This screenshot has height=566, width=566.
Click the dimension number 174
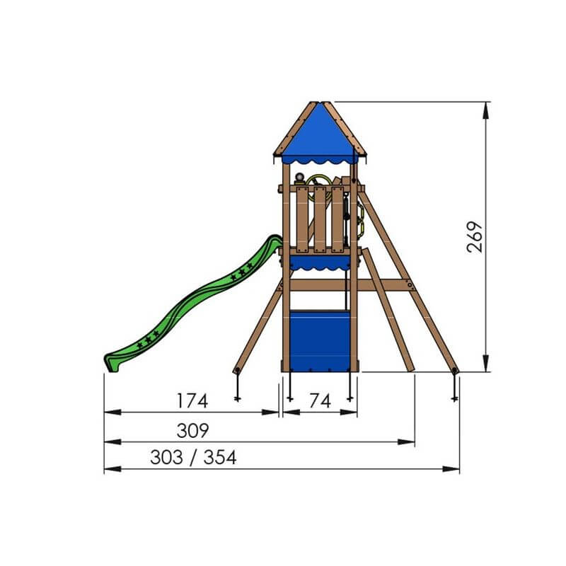click(x=192, y=400)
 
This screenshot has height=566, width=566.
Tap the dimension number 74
click(x=320, y=400)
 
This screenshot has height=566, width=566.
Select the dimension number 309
click(x=192, y=430)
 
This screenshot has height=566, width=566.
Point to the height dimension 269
click(x=474, y=237)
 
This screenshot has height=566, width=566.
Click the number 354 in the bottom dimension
click(x=220, y=457)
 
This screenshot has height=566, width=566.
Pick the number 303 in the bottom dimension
click(x=166, y=457)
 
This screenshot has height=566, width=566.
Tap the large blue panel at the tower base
click(x=320, y=341)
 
